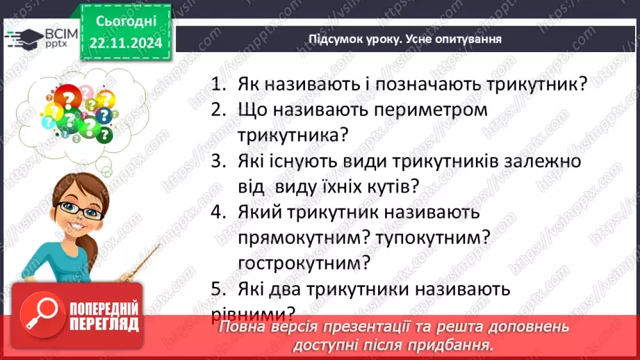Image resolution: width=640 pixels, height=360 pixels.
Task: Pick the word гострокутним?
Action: point(302,263)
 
